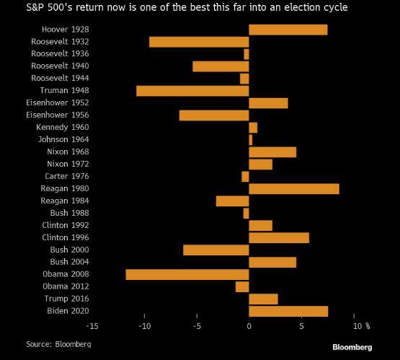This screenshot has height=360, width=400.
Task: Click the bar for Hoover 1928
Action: coord(288,30)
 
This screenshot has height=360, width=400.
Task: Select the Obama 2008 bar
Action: coord(187,274)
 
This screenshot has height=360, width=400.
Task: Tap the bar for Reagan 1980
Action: coord(293,188)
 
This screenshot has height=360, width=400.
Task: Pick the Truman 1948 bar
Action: coord(192,91)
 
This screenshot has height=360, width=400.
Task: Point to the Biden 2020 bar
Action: coord(288,311)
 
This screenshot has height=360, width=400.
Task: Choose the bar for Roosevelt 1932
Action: coord(199,42)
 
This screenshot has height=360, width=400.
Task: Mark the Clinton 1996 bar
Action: coord(279,237)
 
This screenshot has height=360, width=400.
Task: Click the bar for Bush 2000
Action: coord(216,250)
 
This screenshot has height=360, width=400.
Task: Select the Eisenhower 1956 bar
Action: coord(214,115)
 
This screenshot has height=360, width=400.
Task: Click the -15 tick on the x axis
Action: coord(92,325)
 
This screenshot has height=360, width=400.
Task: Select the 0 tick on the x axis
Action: coord(249,325)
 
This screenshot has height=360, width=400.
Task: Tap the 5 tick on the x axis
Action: coord(301,325)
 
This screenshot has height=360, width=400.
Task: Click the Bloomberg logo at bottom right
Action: coord(352,347)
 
